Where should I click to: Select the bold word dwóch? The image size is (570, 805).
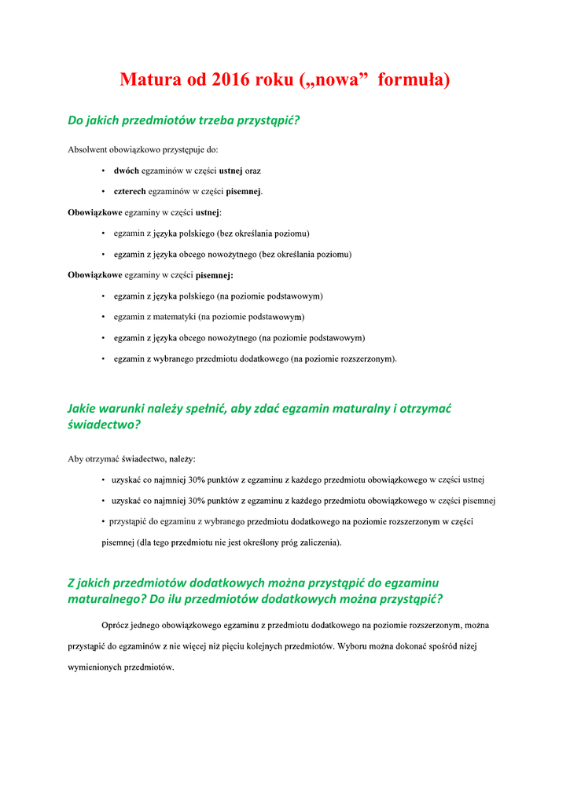coord(126,171)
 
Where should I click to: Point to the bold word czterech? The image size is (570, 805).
coord(130,191)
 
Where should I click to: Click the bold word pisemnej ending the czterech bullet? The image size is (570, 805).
coord(244,191)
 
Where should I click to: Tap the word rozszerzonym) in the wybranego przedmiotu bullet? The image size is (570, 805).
coord(369,359)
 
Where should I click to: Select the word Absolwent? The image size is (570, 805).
coord(88,149)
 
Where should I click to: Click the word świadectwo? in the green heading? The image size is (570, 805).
coord(104,425)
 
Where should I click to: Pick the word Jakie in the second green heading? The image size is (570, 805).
coord(83,409)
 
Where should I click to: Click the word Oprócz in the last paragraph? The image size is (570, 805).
coord(116,626)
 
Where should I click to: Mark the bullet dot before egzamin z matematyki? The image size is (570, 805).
coord(105,318)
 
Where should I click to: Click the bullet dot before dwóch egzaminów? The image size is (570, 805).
coord(105,171)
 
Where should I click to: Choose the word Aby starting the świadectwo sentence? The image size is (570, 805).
coord(75,458)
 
